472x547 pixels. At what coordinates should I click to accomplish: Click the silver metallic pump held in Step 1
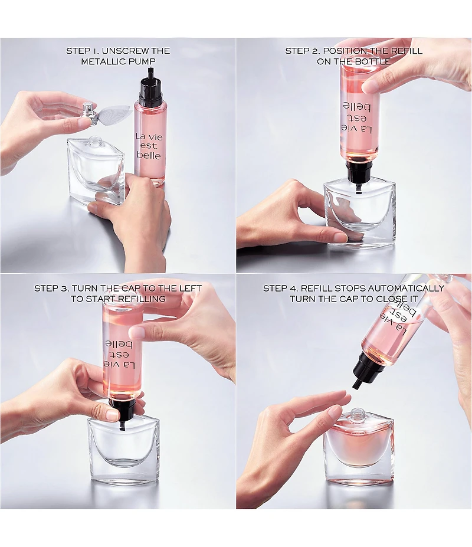90,113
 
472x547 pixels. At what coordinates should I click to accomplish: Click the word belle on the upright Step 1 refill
149,155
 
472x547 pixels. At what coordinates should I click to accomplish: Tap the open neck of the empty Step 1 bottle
94,141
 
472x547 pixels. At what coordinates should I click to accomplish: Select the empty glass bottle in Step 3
124,450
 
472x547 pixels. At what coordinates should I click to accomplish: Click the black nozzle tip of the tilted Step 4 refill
356,385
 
